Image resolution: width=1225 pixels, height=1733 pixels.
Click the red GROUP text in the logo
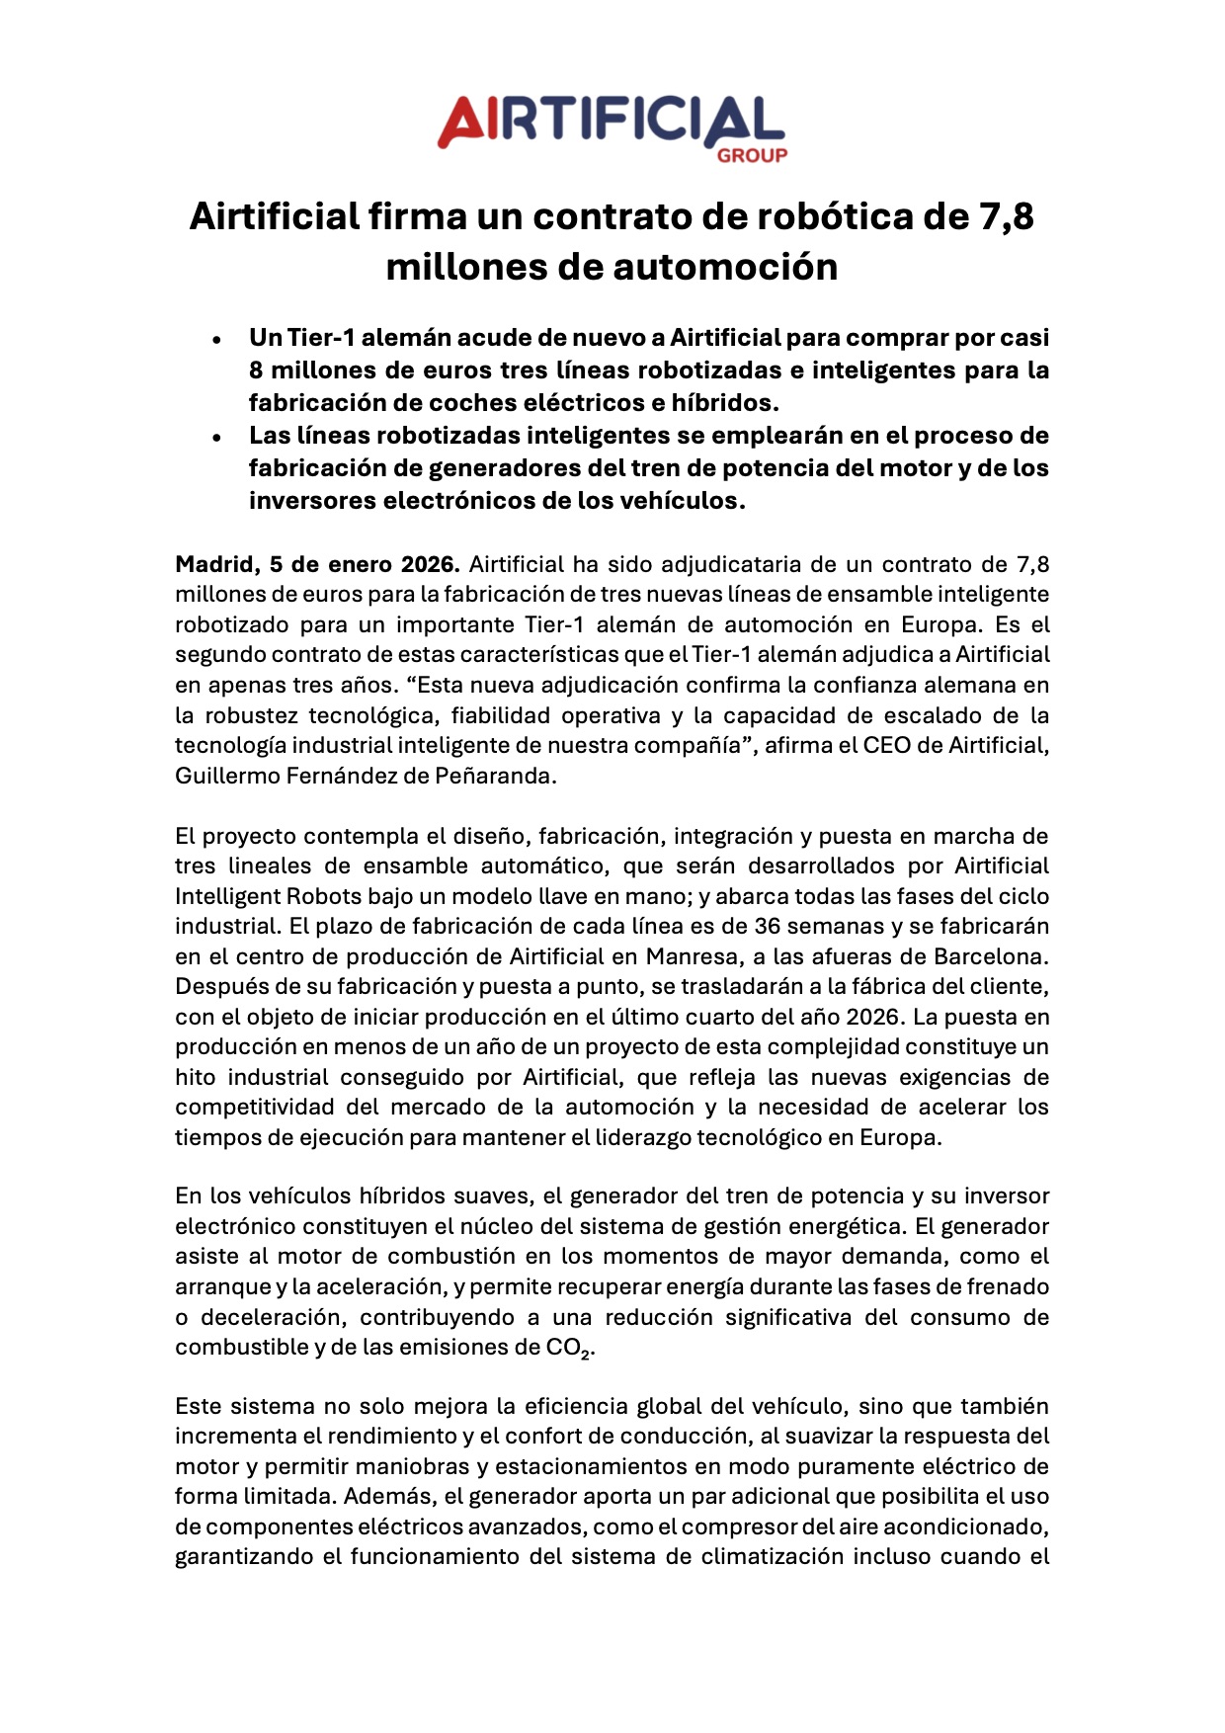752,155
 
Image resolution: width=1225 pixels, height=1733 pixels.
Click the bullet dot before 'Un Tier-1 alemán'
216,339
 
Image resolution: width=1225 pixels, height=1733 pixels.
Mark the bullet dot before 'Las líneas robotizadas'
216,437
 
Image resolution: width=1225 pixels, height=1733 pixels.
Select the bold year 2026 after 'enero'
430,565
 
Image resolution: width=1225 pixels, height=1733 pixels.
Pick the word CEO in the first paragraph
887,746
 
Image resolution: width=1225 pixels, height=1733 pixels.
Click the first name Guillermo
226,777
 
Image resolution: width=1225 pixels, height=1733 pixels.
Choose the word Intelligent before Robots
227,897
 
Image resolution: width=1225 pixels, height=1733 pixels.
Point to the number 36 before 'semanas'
768,927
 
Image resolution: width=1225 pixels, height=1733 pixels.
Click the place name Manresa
691,957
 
